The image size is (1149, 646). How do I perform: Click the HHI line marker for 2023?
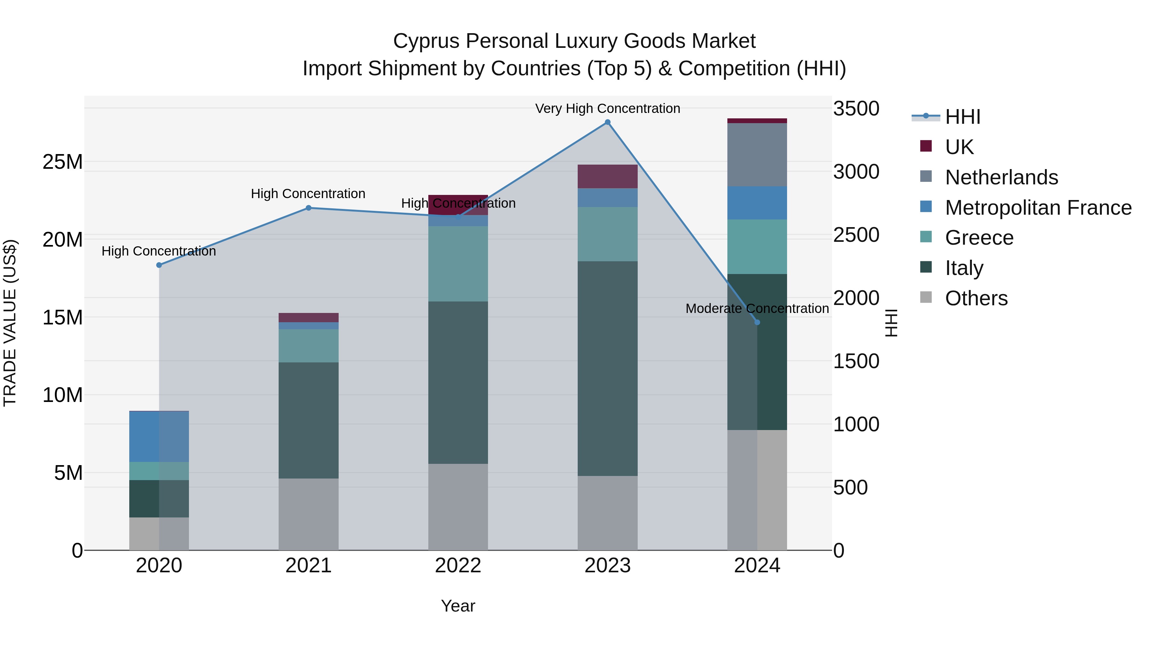click(x=607, y=122)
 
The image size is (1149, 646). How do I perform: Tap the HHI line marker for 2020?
click(x=159, y=265)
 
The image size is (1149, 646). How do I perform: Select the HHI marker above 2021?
click(x=308, y=208)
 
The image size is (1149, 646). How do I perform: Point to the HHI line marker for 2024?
click(x=757, y=322)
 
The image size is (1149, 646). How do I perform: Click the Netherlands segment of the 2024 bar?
click(x=757, y=154)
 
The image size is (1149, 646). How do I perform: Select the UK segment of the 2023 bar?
click(x=607, y=176)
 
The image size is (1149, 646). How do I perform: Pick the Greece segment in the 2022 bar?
click(x=458, y=264)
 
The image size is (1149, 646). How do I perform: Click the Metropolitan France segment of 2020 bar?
click(x=159, y=436)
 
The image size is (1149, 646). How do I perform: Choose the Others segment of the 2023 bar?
click(x=607, y=513)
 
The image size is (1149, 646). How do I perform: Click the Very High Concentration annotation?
click(x=607, y=108)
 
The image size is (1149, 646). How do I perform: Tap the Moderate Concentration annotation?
click(x=757, y=308)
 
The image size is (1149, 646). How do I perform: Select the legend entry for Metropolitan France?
click(x=1038, y=208)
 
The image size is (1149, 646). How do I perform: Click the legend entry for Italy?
click(x=964, y=268)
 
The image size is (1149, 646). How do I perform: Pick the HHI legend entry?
click(x=962, y=117)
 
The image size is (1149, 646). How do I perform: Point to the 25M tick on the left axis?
click(x=63, y=162)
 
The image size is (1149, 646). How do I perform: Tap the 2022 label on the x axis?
click(x=458, y=566)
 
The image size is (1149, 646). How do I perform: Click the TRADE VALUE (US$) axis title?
click(x=10, y=323)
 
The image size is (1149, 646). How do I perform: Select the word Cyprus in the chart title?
click(x=426, y=41)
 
